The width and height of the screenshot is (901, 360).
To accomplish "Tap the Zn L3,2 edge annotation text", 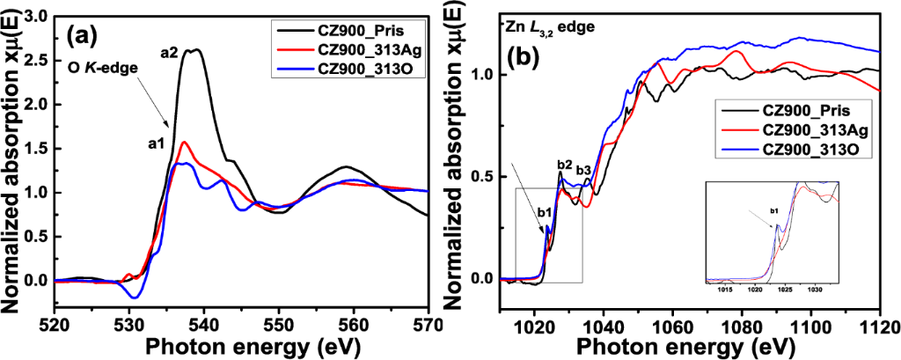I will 543,27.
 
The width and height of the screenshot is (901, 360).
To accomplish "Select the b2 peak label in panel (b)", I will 565,164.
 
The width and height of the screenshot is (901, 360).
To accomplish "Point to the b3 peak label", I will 584,170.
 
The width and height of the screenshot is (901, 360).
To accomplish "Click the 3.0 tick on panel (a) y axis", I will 33,16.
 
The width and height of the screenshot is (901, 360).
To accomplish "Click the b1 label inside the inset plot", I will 774,211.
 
